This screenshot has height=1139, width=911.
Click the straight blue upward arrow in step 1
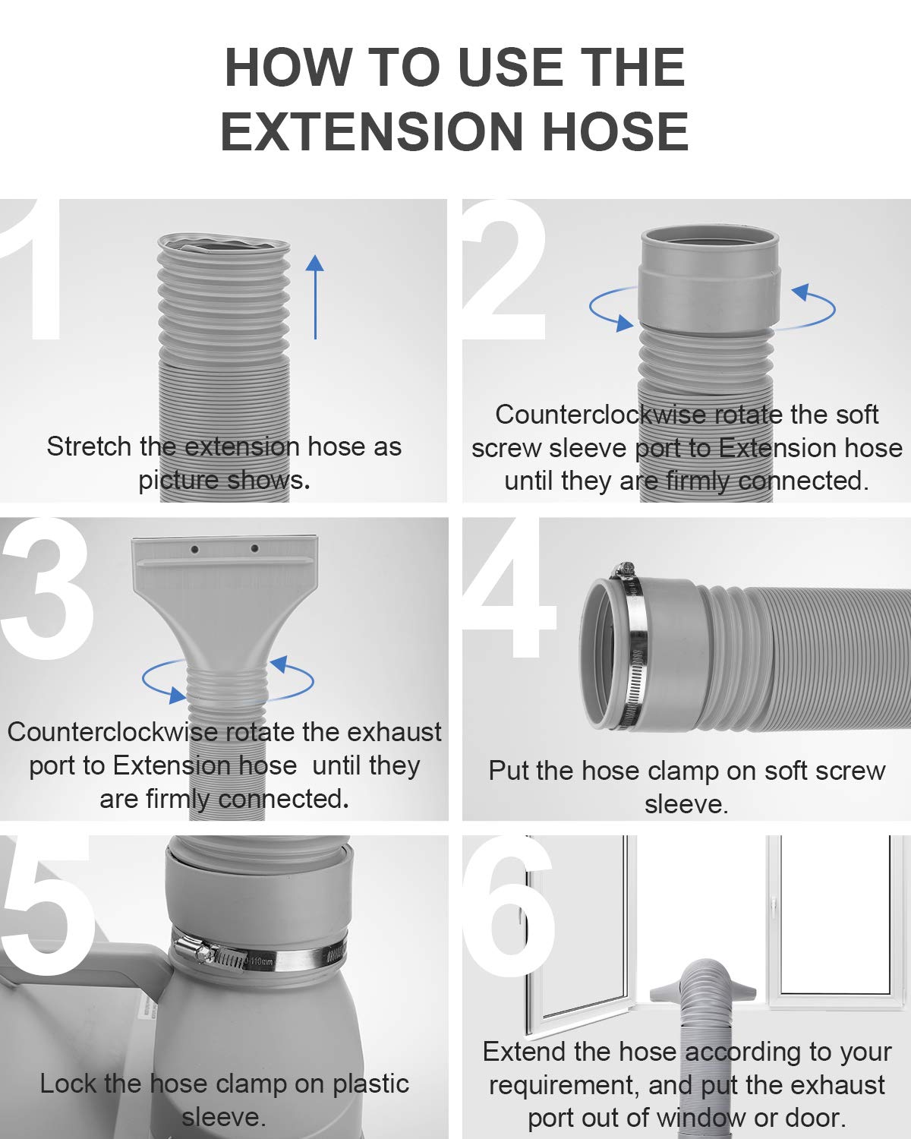pos(315,297)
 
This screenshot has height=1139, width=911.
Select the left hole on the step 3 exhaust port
pos(195,550)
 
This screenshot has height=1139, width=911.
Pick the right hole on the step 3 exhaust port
pos(254,548)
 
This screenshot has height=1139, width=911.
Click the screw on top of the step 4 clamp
pos(623,570)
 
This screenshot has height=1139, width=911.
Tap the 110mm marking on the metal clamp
pos(260,961)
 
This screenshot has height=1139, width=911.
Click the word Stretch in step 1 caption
pos(89,446)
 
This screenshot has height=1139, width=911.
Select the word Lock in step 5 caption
pos(68,1084)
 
